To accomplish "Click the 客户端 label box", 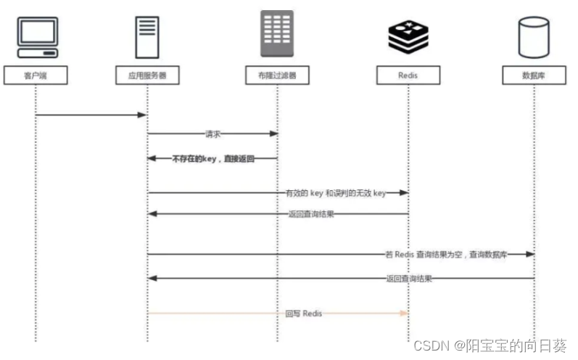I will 36,75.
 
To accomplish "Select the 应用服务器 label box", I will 147,75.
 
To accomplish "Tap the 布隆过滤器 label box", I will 277,75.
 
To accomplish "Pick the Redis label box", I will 408,75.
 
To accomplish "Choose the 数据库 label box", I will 534,75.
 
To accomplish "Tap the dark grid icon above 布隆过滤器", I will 278,33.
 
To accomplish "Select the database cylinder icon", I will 534,37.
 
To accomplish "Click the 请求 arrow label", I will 212,134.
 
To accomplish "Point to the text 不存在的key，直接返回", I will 213,157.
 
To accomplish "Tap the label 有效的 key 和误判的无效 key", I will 335,193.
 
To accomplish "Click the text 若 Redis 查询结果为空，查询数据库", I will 446,255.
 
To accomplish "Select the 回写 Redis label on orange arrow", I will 304,314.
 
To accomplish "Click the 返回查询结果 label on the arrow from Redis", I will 311,214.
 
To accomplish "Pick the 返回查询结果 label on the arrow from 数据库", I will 408,278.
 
